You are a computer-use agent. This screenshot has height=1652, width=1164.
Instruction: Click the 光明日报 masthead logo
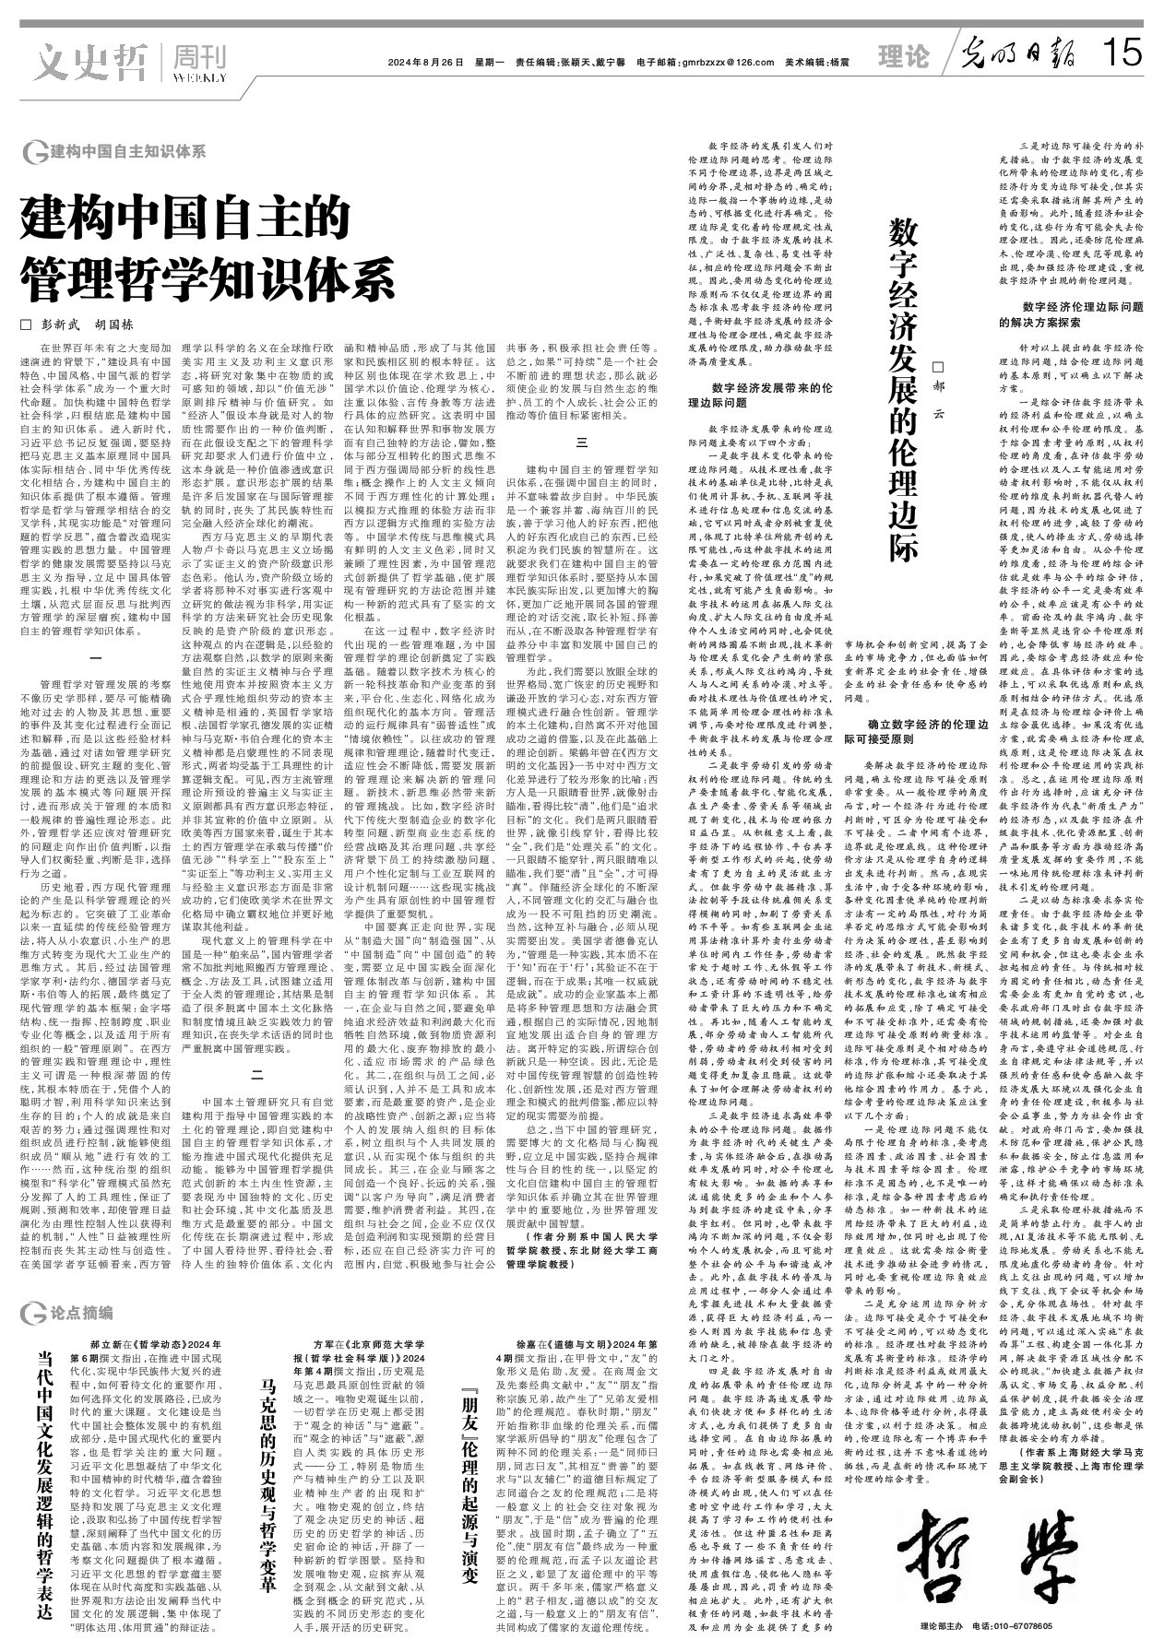(1018, 54)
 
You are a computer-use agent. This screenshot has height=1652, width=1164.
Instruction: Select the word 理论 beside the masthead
(903, 57)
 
